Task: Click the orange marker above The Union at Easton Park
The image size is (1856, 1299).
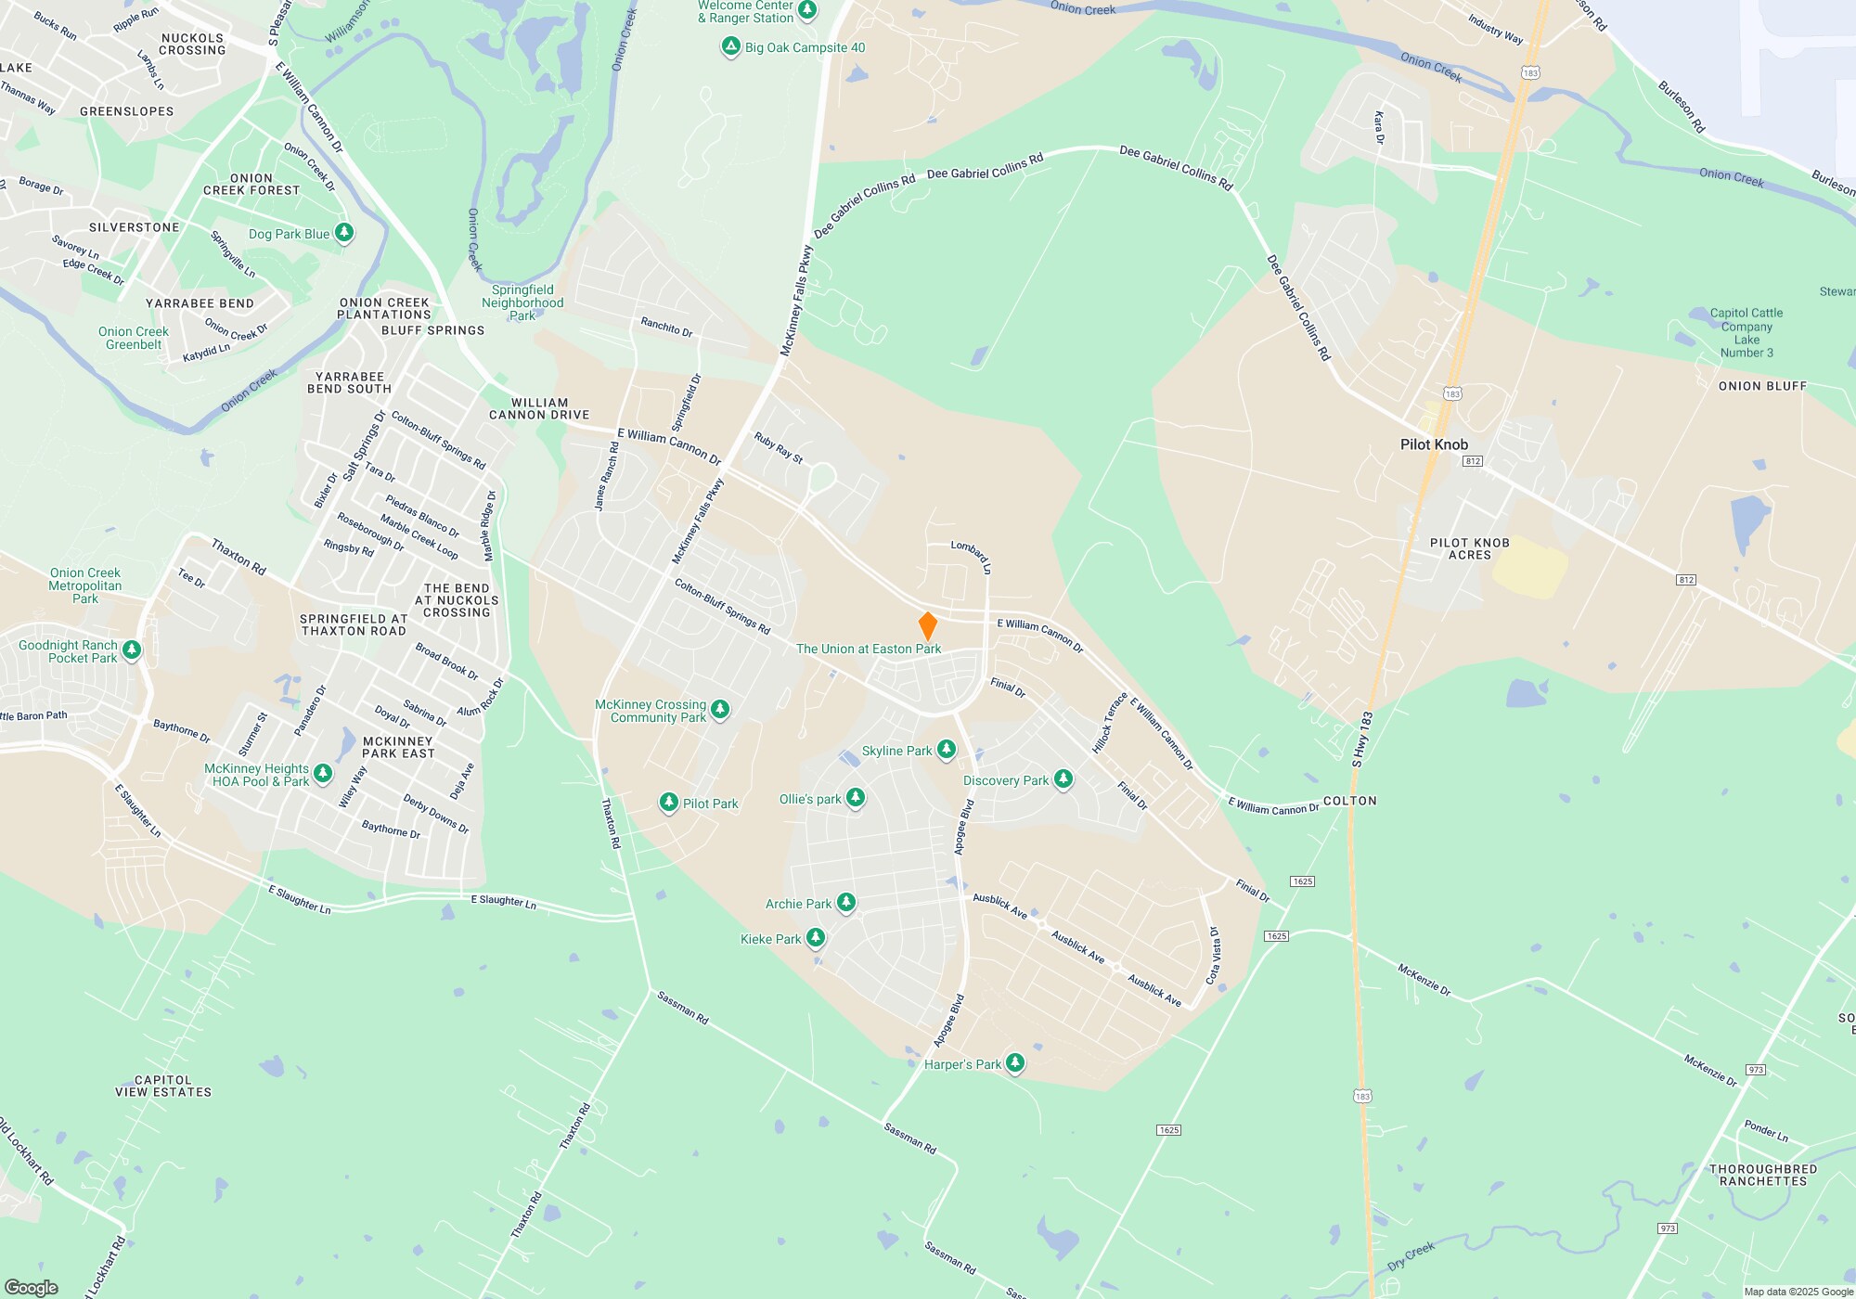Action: click(x=927, y=626)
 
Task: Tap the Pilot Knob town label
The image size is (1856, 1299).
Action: click(x=1434, y=444)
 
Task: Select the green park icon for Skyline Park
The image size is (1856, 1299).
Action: click(x=946, y=750)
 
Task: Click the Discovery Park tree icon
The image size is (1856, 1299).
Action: click(x=1063, y=779)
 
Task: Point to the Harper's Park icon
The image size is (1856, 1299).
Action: click(x=1015, y=1062)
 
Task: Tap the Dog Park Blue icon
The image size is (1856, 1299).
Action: click(x=344, y=232)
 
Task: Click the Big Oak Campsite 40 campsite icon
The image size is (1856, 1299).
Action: click(x=731, y=46)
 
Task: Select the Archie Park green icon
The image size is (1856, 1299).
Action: click(x=845, y=902)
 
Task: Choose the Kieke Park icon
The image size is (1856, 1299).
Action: click(x=816, y=938)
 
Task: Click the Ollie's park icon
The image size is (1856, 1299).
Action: click(x=856, y=798)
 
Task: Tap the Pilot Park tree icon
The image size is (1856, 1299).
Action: click(x=668, y=803)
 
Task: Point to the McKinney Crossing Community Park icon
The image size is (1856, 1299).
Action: click(x=720, y=710)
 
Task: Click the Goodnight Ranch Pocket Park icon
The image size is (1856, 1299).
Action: click(x=132, y=649)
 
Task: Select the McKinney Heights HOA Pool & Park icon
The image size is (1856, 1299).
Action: click(x=323, y=773)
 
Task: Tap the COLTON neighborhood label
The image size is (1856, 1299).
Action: click(x=1349, y=801)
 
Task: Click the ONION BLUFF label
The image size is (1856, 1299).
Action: click(x=1762, y=386)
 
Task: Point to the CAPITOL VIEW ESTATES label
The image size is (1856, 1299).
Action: click(x=163, y=1086)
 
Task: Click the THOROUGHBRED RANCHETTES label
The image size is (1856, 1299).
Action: click(x=1762, y=1175)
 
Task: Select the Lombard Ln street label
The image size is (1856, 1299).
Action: click(x=972, y=557)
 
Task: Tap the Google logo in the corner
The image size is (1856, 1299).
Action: click(x=32, y=1287)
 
